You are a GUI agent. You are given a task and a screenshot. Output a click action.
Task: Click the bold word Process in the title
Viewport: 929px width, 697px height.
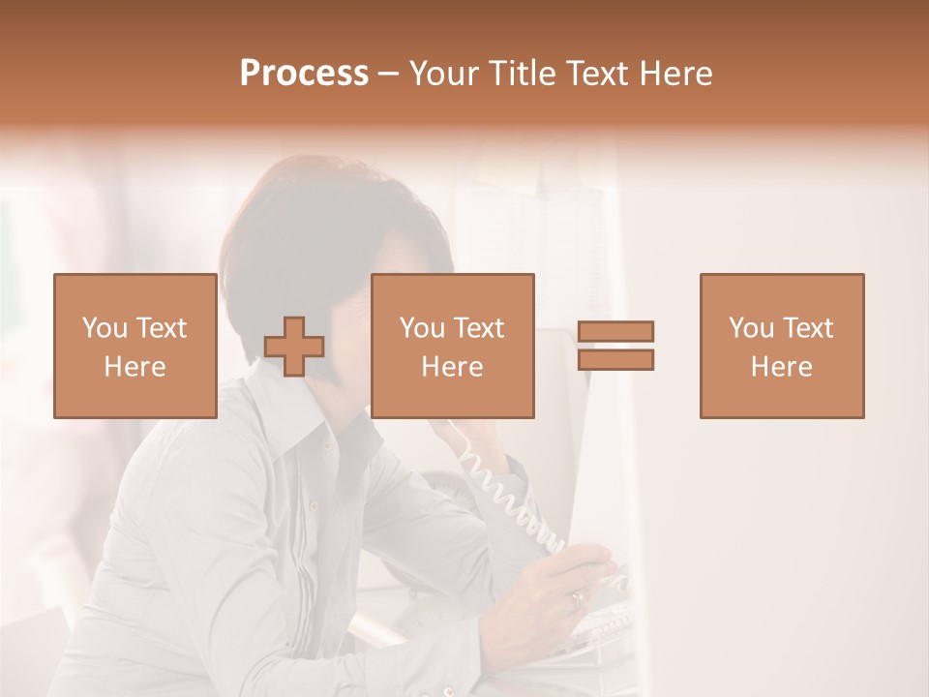pos(304,74)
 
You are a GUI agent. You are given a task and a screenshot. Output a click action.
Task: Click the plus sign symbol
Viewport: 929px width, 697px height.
pos(294,347)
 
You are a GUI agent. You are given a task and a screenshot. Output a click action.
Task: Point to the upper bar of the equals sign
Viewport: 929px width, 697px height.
pos(615,331)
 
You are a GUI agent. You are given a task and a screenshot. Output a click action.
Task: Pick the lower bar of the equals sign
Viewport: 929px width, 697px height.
pos(615,360)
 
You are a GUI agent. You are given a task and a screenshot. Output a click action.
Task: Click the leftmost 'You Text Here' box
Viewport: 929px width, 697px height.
pos(135,346)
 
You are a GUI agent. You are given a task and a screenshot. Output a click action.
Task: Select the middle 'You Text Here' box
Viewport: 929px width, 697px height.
pos(452,346)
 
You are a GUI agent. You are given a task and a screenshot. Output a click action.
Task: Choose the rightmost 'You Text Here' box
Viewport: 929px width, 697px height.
pos(781,346)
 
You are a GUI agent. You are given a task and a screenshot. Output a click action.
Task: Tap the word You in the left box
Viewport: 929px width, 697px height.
pos(104,328)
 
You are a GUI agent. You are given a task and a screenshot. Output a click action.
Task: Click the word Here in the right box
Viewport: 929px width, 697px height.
pos(781,367)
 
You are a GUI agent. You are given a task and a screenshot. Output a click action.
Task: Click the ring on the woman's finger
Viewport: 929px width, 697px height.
pos(577,599)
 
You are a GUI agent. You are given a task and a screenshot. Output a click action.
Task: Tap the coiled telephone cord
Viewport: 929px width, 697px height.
pos(503,494)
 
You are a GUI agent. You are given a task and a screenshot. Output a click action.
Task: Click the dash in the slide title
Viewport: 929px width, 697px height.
pos(389,74)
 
